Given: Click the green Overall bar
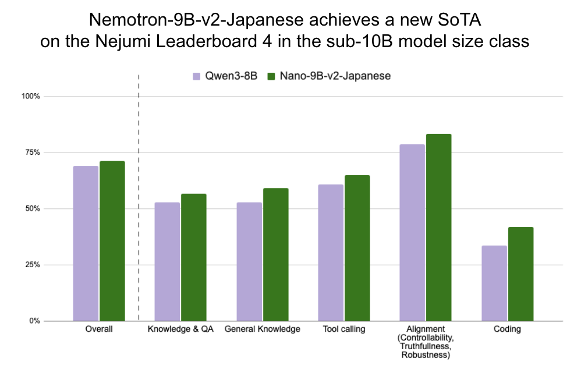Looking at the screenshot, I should tap(112, 241).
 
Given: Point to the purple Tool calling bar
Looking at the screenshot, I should tap(331, 253).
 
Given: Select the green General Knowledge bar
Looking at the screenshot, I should tap(275, 254).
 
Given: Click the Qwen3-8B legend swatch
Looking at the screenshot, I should tap(197, 76).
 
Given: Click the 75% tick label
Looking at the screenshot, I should tap(31, 152).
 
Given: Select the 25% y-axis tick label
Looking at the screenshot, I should tap(31, 265).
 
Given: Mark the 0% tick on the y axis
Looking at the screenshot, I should tap(34, 321).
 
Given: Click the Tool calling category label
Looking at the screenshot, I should tap(343, 329).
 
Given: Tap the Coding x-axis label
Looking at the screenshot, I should tap(507, 329).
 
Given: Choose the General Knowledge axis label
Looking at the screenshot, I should tap(263, 329).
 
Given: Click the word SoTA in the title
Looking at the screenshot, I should tap(464, 22).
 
